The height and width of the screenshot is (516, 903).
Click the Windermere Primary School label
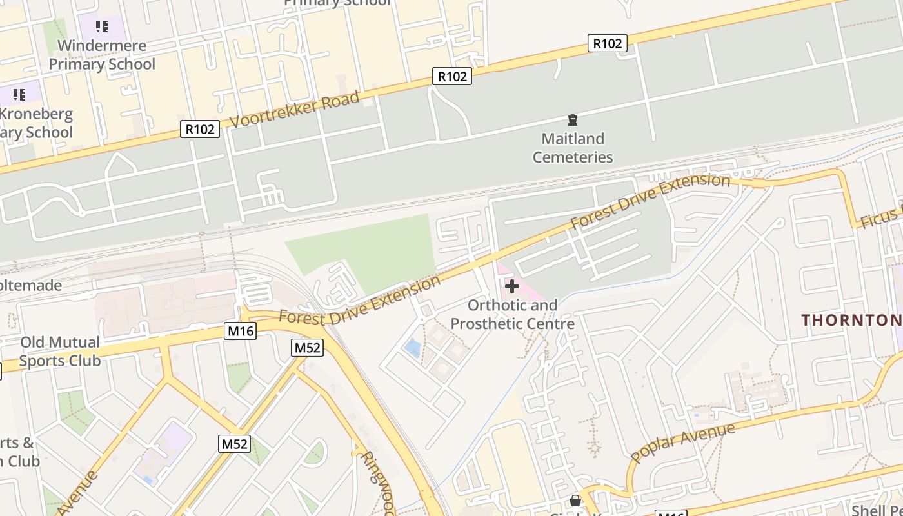[102, 55]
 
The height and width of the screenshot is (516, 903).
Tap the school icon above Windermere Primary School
[102, 26]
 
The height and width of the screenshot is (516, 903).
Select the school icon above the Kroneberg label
[19, 95]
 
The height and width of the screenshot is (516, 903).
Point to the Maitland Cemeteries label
[573, 148]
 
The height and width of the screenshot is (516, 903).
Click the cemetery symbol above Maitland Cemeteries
[572, 120]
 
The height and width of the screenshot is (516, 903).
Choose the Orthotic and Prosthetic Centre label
[512, 313]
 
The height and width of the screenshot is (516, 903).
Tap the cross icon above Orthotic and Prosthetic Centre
[512, 286]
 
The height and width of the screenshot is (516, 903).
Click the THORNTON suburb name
[851, 320]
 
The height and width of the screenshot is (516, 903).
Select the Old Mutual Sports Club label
[59, 351]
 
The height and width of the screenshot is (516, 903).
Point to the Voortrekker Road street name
[294, 110]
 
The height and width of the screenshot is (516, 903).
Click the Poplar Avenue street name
[682, 442]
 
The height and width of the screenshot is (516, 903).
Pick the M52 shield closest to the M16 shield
[308, 348]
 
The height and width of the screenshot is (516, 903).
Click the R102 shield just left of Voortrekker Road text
[200, 129]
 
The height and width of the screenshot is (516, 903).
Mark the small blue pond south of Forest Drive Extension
[412, 348]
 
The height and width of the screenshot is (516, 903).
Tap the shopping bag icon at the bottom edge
[575, 501]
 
